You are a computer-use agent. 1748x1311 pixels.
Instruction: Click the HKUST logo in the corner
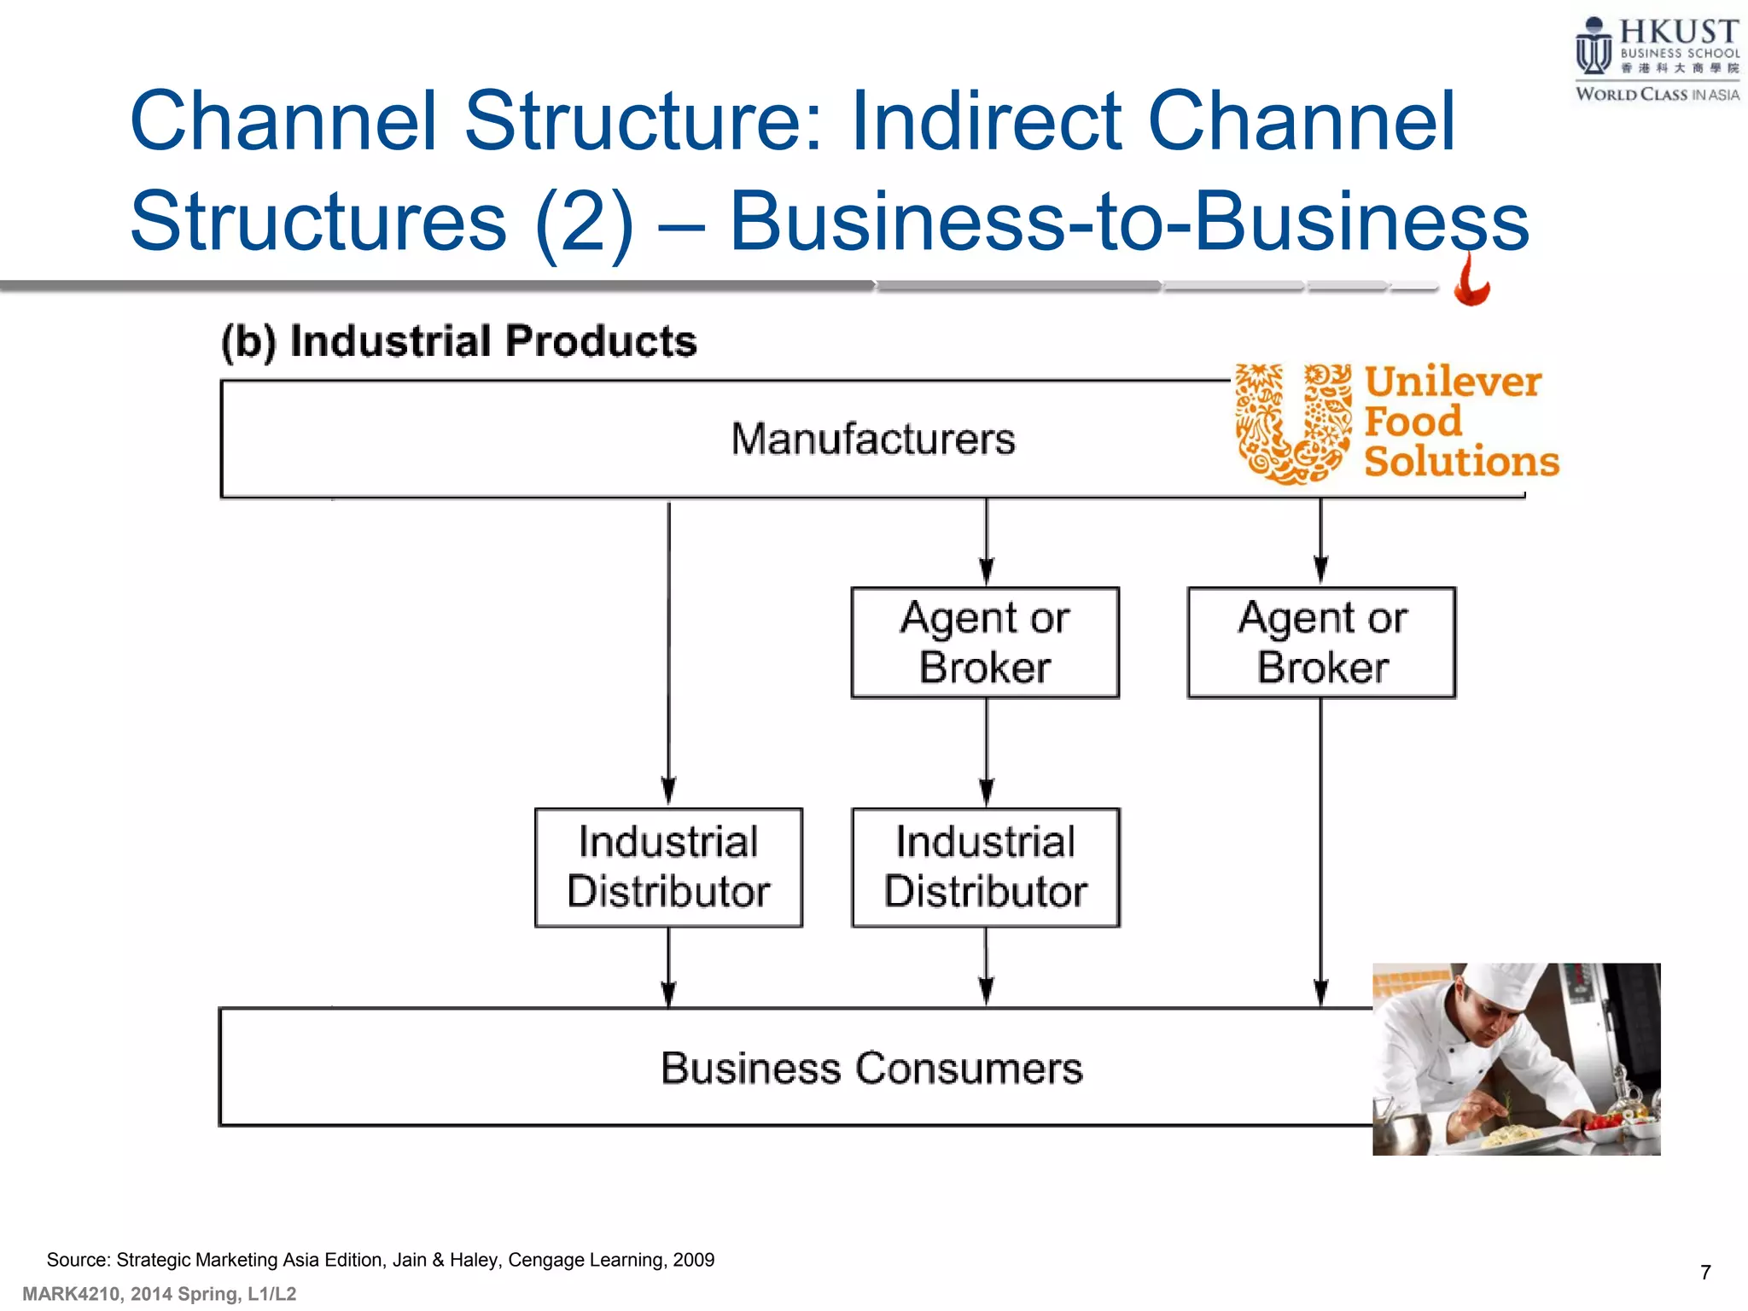pyautogui.click(x=1657, y=58)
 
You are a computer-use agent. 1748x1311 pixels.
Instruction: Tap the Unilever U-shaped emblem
pyautogui.click(x=1293, y=423)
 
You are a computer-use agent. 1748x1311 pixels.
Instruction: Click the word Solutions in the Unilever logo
pyautogui.click(x=1461, y=462)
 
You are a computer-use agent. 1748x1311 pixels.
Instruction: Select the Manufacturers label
pyautogui.click(x=873, y=440)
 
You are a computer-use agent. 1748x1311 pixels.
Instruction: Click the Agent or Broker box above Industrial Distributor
pyautogui.click(x=985, y=643)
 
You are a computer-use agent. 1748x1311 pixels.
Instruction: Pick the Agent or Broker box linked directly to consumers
pyautogui.click(x=1321, y=643)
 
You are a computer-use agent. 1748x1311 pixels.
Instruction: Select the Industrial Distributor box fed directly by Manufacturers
pyautogui.click(x=668, y=867)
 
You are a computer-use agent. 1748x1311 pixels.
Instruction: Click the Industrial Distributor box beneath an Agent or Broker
pyautogui.click(x=986, y=867)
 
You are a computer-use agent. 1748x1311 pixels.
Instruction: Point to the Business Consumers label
pyautogui.click(x=871, y=1068)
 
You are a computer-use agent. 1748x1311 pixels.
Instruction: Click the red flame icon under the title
pyautogui.click(x=1471, y=284)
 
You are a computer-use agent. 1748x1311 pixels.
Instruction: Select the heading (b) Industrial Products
pyautogui.click(x=458, y=341)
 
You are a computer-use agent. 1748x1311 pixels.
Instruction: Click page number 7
pyautogui.click(x=1704, y=1273)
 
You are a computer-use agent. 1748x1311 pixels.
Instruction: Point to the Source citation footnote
pyautogui.click(x=381, y=1260)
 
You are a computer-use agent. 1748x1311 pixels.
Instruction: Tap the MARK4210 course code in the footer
pyautogui.click(x=73, y=1294)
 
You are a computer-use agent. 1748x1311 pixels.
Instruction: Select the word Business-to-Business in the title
pyautogui.click(x=1128, y=222)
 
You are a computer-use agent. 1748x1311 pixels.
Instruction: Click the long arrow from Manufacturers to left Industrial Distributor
pyautogui.click(x=669, y=649)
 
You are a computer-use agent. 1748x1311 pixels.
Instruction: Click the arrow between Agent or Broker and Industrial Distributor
pyautogui.click(x=987, y=751)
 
